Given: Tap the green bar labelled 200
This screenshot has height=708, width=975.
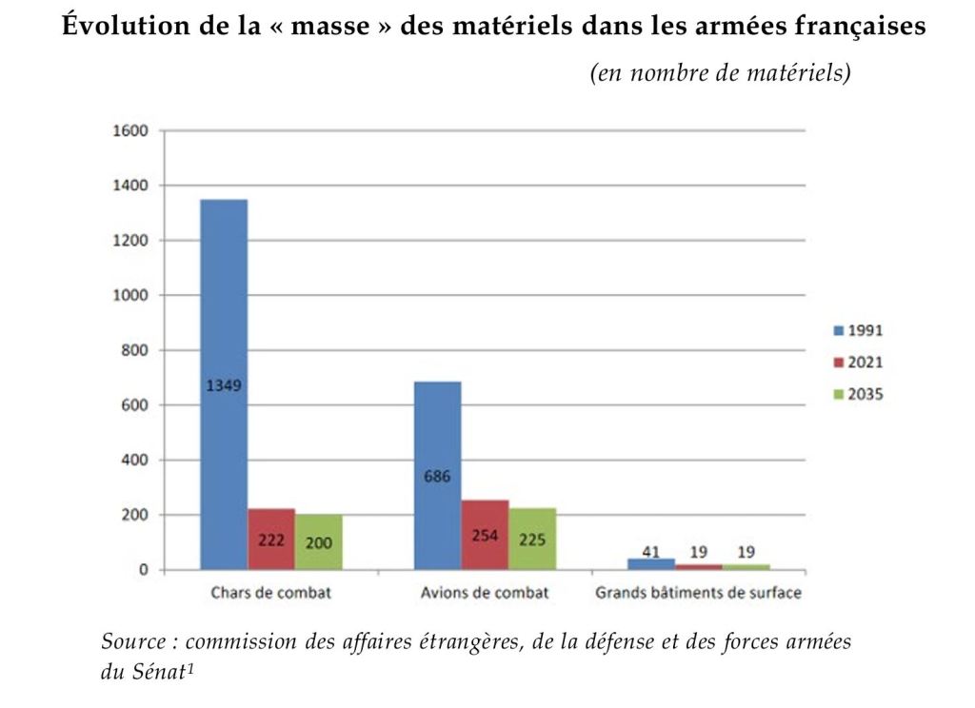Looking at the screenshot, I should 318,542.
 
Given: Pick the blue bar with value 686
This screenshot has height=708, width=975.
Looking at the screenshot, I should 437,476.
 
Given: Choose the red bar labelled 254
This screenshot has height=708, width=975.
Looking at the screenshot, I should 485,535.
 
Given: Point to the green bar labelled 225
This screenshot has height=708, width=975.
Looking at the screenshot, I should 531,539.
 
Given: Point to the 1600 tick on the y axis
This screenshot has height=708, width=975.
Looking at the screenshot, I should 131,130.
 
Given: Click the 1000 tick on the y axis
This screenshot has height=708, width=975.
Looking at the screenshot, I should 131,295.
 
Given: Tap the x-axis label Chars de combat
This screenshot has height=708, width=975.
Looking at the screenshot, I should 270,594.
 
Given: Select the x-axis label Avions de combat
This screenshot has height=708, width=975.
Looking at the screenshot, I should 485,594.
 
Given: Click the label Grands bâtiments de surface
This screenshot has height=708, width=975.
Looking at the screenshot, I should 698,594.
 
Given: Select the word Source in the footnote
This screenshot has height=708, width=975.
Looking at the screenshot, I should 131,641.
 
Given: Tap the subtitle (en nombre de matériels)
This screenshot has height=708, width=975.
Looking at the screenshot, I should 721,73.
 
